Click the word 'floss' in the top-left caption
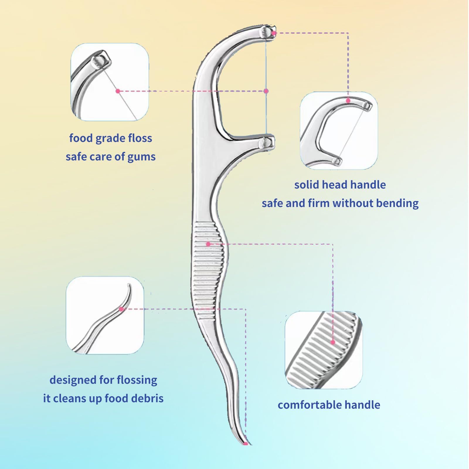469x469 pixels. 140,138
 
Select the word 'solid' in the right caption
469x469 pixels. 306,185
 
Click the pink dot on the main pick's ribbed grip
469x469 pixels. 208,244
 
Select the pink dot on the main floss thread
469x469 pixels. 266,91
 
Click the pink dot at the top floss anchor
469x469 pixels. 273,33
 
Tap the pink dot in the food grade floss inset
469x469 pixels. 118,91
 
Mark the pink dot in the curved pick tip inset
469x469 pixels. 121,309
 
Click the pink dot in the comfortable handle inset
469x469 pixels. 333,342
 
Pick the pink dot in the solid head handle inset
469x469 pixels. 348,101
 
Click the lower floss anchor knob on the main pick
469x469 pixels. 268,143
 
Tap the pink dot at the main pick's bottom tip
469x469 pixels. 246,443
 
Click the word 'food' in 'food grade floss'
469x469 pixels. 81,138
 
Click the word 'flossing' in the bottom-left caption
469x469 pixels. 137,380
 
